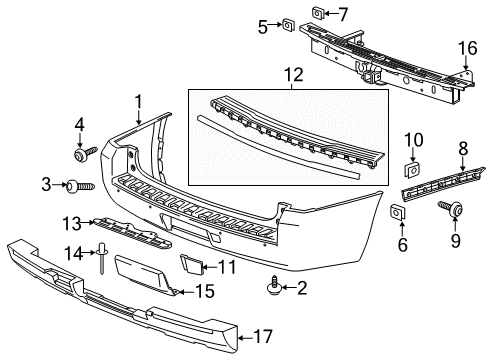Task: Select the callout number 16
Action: tap(466, 47)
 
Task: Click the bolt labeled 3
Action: tap(78, 185)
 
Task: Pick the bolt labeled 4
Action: tap(80, 158)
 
